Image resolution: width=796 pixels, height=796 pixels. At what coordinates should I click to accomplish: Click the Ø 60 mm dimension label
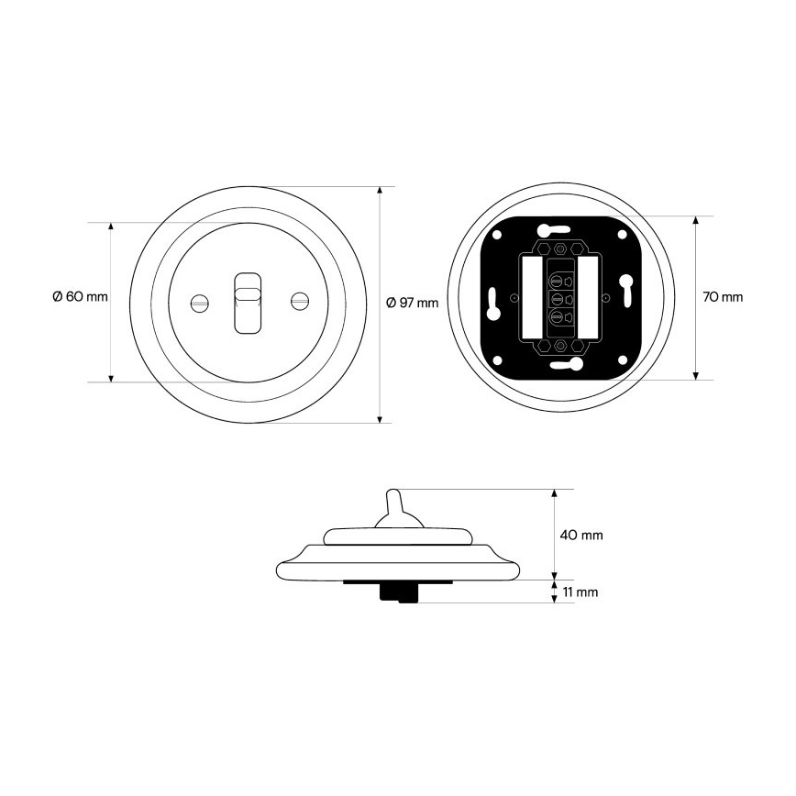point(80,296)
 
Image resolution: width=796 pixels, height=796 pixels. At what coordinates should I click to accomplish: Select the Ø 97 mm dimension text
point(412,303)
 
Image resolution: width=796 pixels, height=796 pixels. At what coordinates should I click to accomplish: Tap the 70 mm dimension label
point(723,297)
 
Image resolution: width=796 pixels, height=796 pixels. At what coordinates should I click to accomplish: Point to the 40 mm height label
point(581,535)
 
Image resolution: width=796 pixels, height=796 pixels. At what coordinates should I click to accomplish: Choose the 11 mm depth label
point(580,591)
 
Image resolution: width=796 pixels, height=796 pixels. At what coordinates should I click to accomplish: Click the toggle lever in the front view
point(248,303)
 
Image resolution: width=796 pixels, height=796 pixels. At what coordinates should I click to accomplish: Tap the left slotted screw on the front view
point(200,303)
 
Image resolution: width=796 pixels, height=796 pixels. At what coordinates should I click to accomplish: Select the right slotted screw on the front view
point(300,301)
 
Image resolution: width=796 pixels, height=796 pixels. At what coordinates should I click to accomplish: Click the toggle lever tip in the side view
point(392,493)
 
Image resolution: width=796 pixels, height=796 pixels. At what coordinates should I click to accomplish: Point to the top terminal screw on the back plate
point(558,281)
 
